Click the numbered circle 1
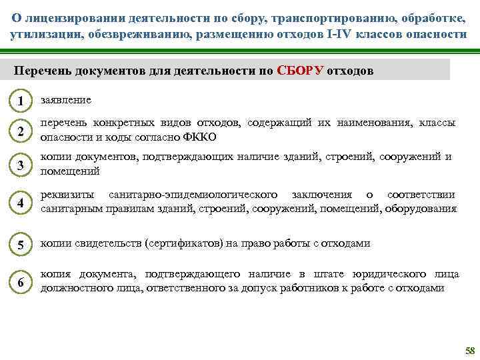[21, 101]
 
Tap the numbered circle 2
[21, 131]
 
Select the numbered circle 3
[21, 165]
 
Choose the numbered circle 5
[21, 245]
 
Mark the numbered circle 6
[21, 283]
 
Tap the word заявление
[66, 99]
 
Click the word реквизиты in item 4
[65, 195]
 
